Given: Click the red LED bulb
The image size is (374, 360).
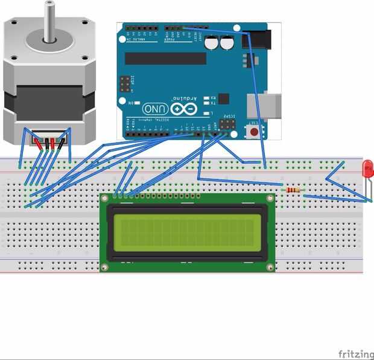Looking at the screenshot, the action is click(367, 169).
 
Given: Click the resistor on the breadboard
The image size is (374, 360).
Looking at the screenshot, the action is click(294, 190).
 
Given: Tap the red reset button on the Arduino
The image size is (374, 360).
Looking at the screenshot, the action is click(255, 130).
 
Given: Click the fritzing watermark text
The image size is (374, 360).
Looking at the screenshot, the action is click(355, 353).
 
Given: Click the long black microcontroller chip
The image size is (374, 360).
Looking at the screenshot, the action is click(166, 58).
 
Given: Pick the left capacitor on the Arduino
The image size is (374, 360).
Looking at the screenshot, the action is click(212, 43).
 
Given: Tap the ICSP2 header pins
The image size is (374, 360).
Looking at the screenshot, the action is click(227, 124).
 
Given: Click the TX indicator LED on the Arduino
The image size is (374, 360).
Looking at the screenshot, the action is click(207, 104).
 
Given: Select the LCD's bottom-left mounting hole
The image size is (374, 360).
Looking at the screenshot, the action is click(106, 267).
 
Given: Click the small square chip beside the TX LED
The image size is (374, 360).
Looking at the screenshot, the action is click(223, 99).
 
